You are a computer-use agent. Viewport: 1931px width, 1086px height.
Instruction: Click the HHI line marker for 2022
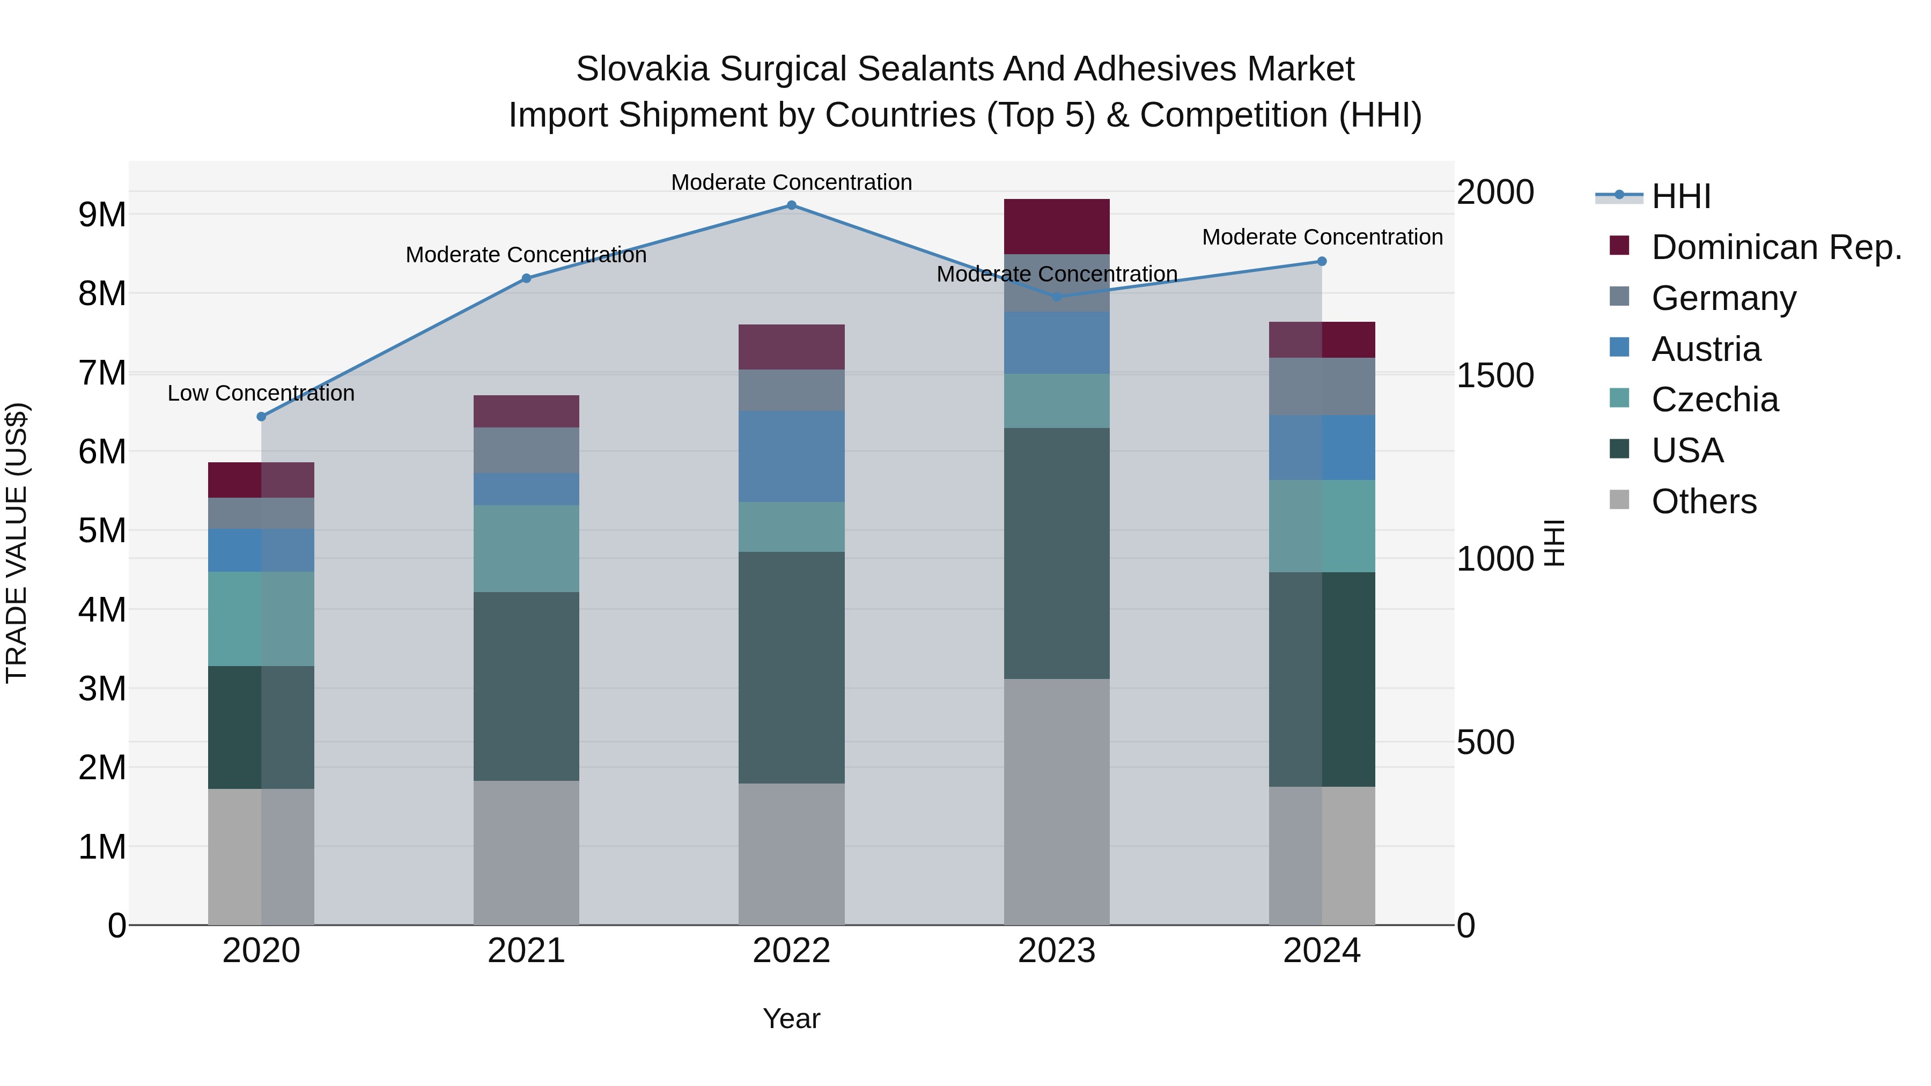click(792, 205)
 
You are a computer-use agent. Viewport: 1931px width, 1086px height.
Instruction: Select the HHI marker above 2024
click(1322, 262)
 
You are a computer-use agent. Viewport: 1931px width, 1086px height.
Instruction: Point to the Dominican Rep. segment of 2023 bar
click(1056, 226)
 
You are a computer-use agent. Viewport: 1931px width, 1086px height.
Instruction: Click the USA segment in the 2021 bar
click(526, 686)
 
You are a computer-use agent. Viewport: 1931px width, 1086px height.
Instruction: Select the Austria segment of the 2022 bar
click(792, 456)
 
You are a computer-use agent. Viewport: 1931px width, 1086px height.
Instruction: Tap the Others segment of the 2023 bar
click(1056, 801)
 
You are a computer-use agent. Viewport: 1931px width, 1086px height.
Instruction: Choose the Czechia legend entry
click(1714, 400)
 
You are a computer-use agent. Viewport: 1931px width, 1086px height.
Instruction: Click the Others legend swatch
click(1619, 500)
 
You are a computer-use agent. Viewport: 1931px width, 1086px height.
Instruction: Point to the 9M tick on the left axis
click(102, 215)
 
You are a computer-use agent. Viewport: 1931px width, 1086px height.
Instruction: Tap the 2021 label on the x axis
click(526, 951)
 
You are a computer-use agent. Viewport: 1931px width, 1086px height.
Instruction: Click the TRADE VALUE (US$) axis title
click(17, 543)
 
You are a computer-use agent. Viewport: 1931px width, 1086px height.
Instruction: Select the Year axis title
click(792, 1018)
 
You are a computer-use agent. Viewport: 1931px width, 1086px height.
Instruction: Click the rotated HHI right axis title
click(1556, 543)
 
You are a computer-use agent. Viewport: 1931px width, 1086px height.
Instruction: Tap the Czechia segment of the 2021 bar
click(526, 548)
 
